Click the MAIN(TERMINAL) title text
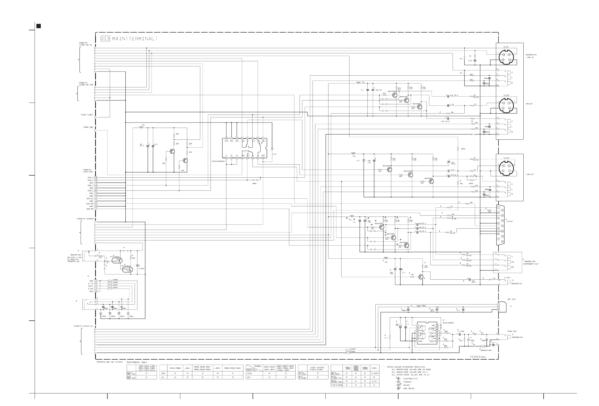[x=134, y=39]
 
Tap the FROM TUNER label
[x=87, y=115]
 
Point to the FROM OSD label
[x=88, y=127]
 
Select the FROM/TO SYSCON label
[x=85, y=219]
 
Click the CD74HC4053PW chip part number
[x=218, y=161]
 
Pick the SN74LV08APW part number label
[x=448, y=323]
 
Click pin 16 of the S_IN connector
[x=503, y=55]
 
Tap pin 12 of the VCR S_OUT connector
[x=503, y=108]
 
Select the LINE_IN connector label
[x=530, y=57]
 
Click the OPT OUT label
[x=512, y=299]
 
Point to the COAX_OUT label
[x=512, y=331]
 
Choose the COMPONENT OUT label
[x=531, y=264]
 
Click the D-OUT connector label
[x=510, y=221]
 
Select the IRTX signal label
[x=91, y=286]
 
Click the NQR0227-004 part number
[x=486, y=350]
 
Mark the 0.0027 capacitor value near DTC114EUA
[x=141, y=269]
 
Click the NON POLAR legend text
[x=409, y=389]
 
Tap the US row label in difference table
[x=163, y=377]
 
